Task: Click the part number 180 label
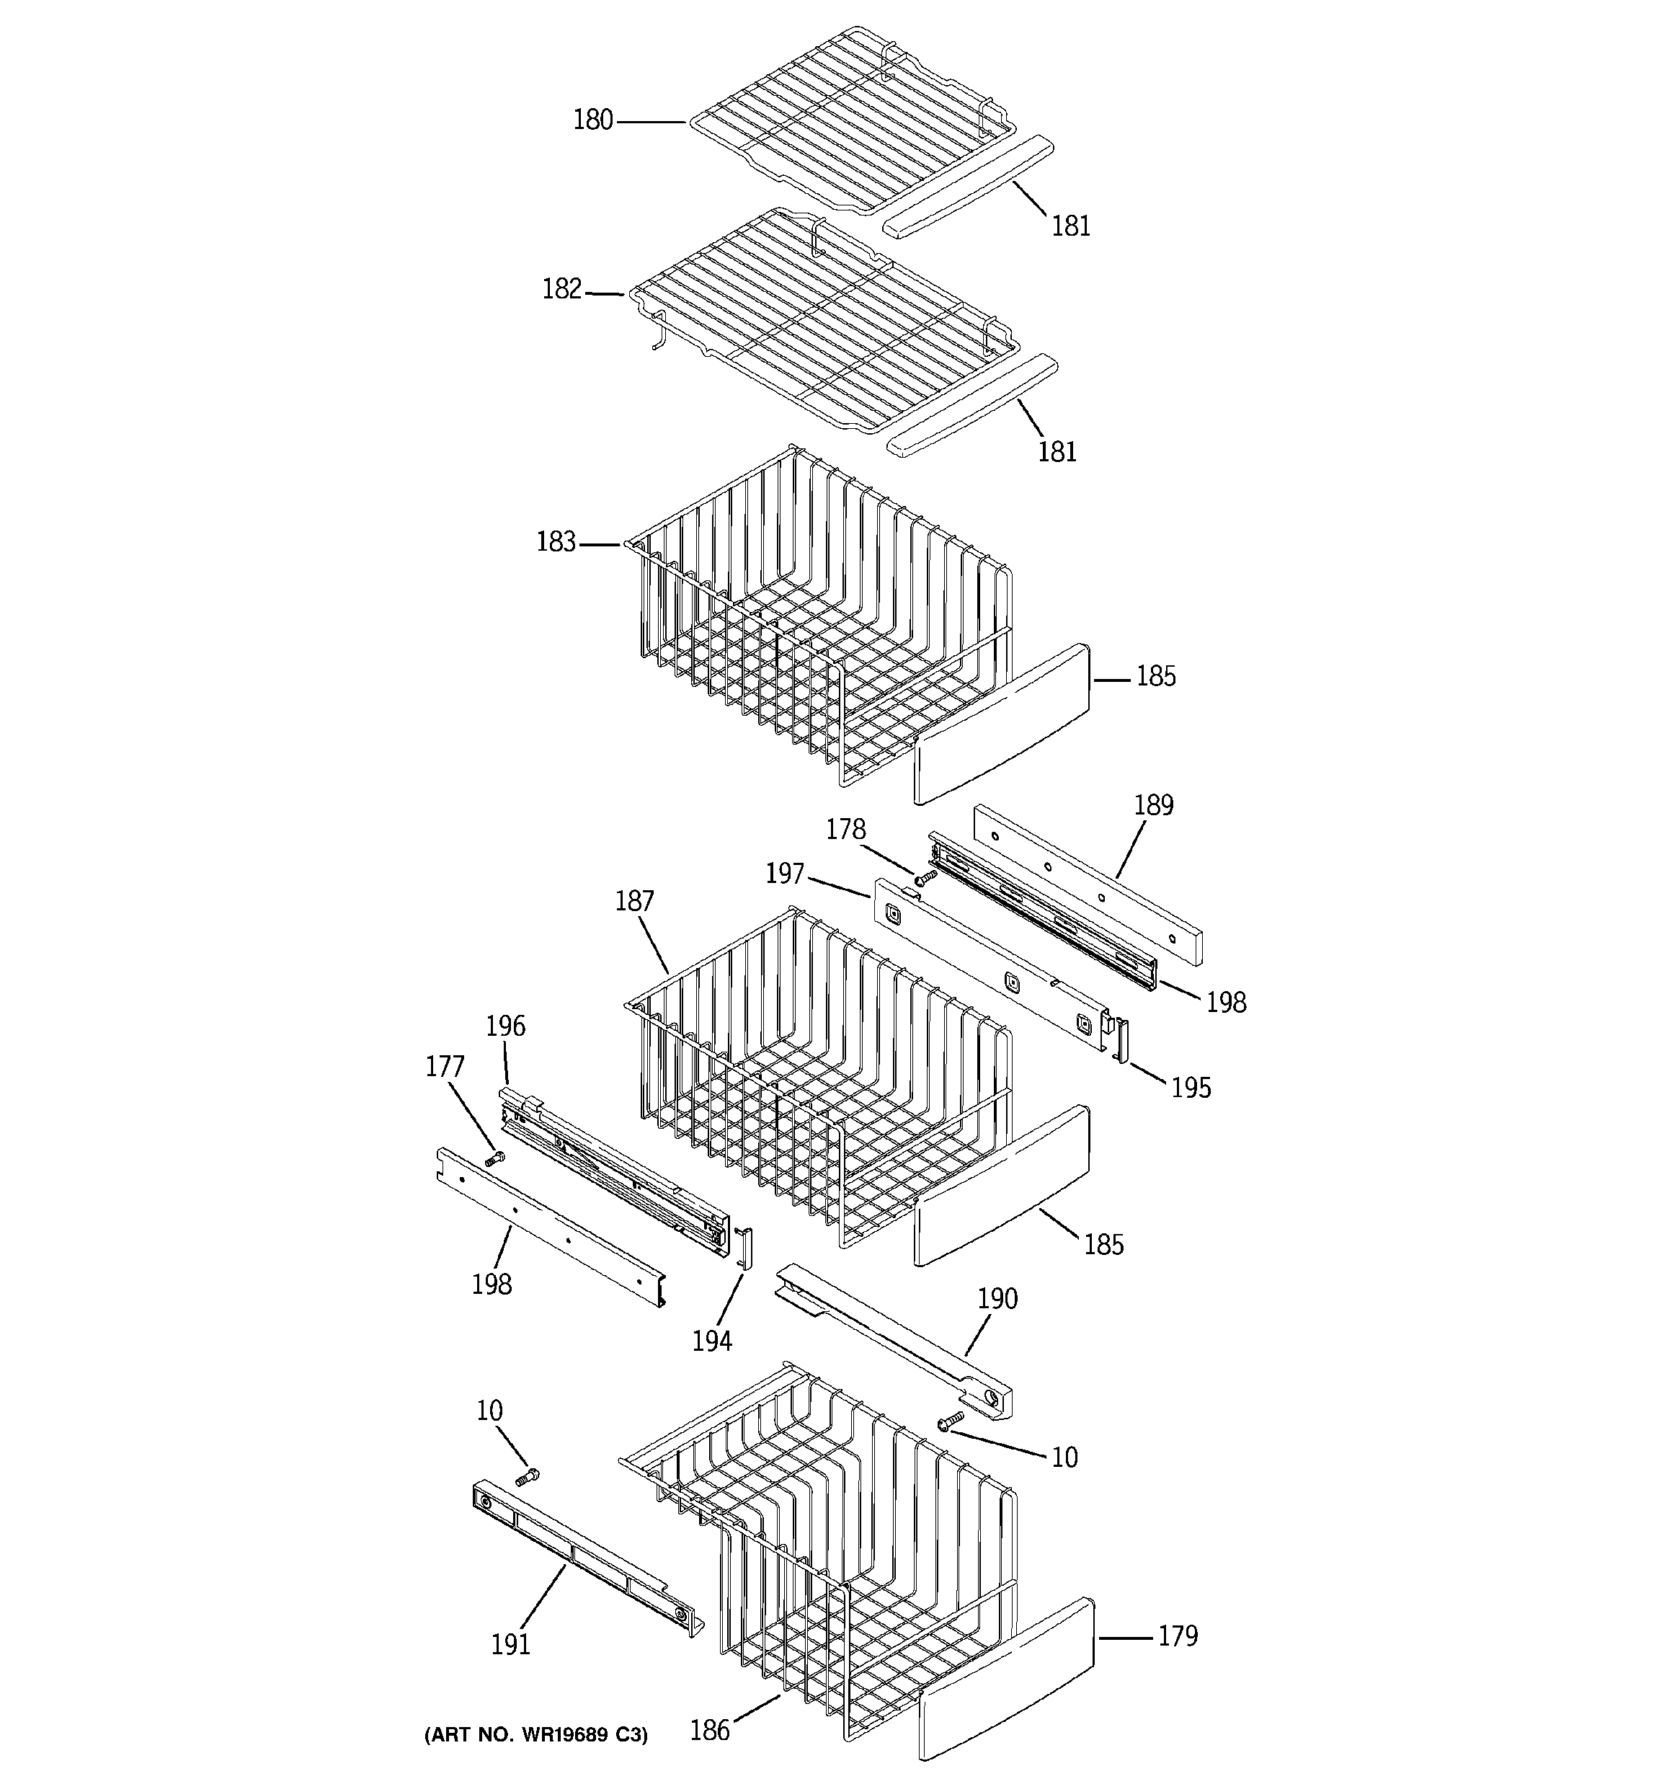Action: coord(592,120)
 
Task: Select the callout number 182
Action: coord(562,289)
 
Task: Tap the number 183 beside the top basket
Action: coord(556,542)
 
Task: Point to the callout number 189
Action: coord(1153,805)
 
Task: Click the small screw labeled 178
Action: coord(925,875)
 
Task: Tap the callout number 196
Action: coord(505,1026)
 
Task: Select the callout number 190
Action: coord(997,1298)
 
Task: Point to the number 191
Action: coord(511,1644)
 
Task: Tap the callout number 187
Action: coord(634,901)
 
